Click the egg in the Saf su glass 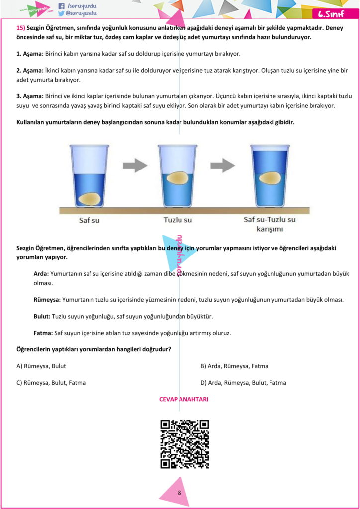90,199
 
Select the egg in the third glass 270,178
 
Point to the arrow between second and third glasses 222,166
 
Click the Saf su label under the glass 90,220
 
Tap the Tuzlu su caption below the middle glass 178,220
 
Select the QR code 184,444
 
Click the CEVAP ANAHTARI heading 183,399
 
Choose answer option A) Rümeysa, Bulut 41,366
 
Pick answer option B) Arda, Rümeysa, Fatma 234,366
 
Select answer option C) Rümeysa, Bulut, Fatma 51,383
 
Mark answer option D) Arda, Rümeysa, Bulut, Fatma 243,383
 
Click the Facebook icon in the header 61,6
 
